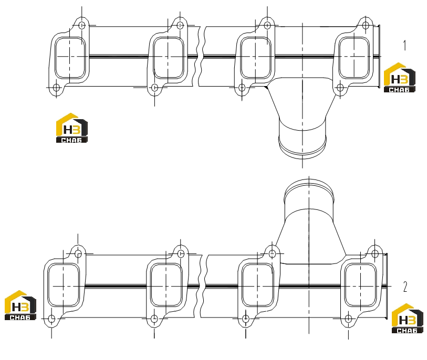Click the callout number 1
pos(404,45)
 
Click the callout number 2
pos(405,287)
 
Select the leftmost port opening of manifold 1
pos(70,58)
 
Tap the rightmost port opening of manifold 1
pos(354,58)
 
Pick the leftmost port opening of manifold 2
pos(64,285)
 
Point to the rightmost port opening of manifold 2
pos(360,285)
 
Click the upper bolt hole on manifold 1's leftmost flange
pos(82,26)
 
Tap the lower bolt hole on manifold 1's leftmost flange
pos(56,88)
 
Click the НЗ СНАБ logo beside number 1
pos(400,78)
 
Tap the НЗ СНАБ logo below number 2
pos(408,319)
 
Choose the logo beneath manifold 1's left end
pos(72,128)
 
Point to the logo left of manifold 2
pos(20,305)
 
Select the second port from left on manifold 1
pos(168,58)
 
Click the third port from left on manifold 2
pos(257,285)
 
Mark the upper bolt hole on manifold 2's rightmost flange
pos(374,254)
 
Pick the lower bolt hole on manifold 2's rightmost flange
pos(348,319)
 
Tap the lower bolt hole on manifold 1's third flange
pos(242,88)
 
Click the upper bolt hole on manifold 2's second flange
pos(181,254)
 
